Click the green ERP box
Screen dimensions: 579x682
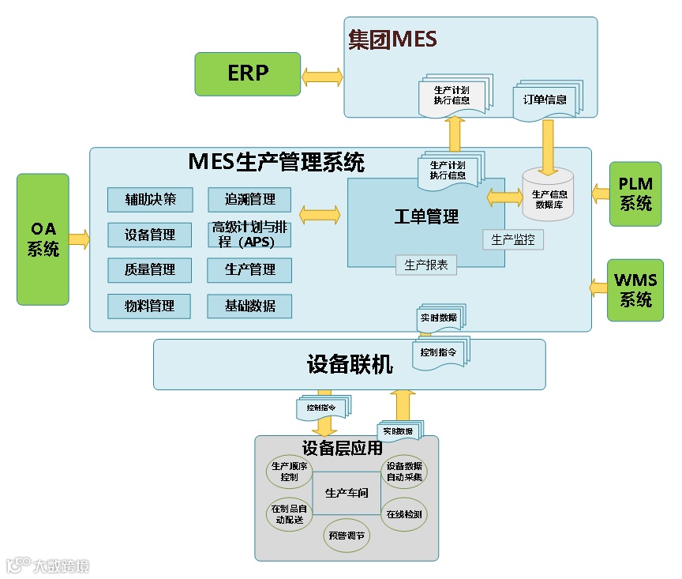coord(248,73)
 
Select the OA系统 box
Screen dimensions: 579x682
coord(43,239)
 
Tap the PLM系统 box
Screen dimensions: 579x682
coord(635,194)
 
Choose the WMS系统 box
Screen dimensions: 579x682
coord(635,290)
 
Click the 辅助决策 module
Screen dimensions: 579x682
coord(150,199)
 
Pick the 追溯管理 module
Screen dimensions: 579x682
coord(249,199)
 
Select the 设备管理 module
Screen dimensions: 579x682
coord(150,235)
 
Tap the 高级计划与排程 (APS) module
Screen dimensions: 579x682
coord(249,235)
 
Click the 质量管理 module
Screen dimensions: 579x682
coord(150,269)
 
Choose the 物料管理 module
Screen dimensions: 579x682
coord(150,306)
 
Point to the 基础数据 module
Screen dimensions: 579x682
coord(249,306)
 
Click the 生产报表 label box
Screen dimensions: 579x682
coord(426,265)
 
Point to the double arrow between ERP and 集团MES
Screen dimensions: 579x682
coord(322,77)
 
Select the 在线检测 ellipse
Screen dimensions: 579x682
coord(403,514)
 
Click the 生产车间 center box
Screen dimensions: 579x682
coord(347,494)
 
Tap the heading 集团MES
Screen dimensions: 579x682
coord(392,39)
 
